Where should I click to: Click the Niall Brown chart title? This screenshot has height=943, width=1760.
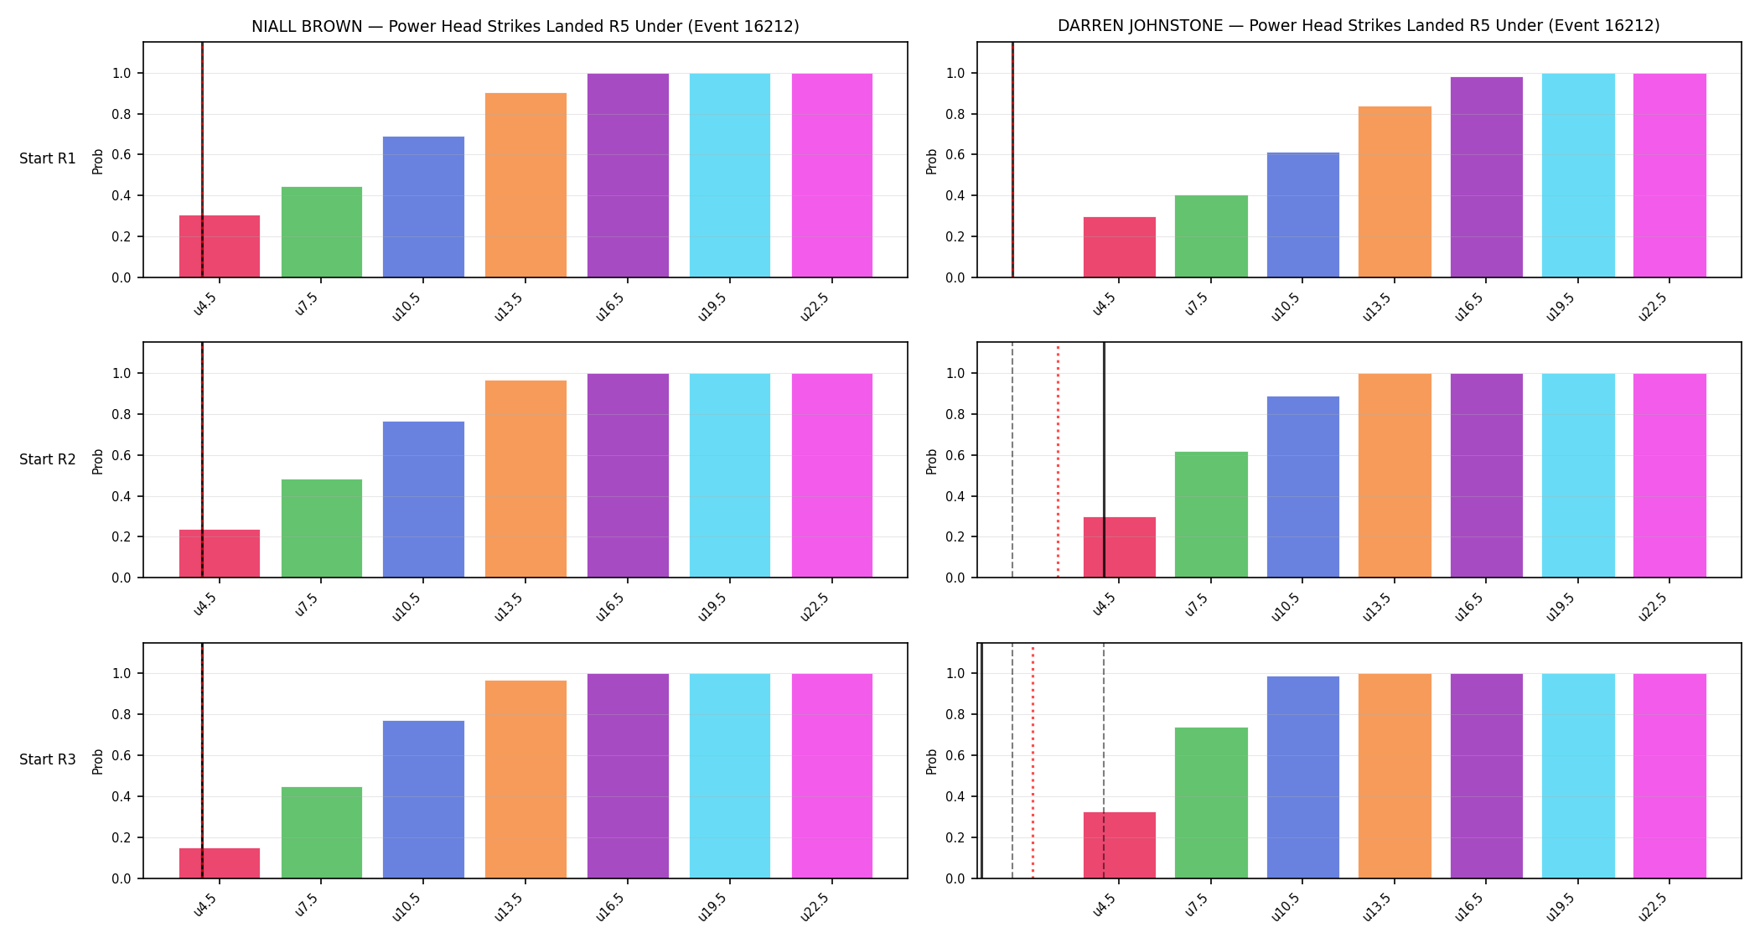(x=525, y=26)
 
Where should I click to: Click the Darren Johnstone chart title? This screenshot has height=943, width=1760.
(x=1359, y=26)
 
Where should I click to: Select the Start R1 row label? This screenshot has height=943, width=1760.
(x=48, y=158)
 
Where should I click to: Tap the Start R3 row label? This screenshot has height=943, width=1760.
(x=48, y=759)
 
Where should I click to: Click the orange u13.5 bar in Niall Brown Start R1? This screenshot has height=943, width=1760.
(x=525, y=185)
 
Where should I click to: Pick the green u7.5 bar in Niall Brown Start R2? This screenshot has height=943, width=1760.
(x=322, y=528)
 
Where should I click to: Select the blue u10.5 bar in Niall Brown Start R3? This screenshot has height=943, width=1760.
(x=423, y=800)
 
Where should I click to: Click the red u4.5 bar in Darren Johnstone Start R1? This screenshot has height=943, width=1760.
(x=1119, y=247)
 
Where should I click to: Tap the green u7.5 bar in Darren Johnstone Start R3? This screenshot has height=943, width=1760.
(x=1211, y=803)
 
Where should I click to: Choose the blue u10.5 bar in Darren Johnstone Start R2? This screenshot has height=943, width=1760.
(x=1302, y=487)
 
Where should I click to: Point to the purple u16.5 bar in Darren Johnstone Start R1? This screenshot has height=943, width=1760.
(x=1486, y=177)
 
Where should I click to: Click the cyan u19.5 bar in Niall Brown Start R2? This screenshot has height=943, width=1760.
(x=730, y=475)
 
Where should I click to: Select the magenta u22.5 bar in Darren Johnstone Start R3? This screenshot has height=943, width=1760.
(x=1669, y=776)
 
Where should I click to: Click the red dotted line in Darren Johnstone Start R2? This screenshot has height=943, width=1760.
(x=1058, y=460)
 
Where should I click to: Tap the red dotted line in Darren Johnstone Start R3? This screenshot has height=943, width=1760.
(x=1033, y=761)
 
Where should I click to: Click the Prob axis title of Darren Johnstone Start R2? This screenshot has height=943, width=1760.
(x=932, y=461)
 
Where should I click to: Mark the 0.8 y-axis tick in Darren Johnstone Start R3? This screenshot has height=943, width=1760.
(x=955, y=715)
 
